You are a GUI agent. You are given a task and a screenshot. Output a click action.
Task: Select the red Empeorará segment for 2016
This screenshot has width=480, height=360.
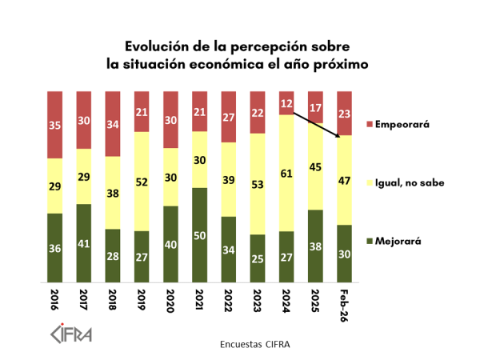[54, 125]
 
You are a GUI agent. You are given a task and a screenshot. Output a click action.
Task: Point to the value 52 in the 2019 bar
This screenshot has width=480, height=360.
[142, 182]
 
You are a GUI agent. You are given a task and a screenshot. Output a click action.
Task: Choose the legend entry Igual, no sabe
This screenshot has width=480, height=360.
[407, 183]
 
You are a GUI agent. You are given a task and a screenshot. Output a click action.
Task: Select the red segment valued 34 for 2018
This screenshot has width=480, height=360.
[113, 124]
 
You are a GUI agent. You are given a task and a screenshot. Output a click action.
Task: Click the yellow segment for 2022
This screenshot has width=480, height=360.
[230, 179]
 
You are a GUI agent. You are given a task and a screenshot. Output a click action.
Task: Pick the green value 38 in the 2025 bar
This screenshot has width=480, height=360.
[317, 246]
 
